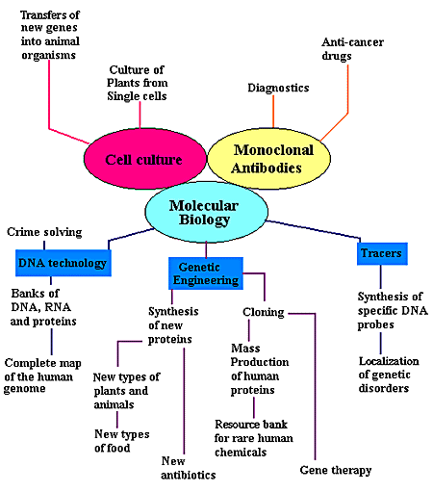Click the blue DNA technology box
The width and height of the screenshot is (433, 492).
[62, 261]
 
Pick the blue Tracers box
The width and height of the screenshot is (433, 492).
[381, 253]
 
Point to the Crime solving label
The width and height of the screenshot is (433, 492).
[44, 232]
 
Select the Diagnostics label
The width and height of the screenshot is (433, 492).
[278, 88]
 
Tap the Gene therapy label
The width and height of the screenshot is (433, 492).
[335, 470]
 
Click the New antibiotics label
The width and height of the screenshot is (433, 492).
[188, 468]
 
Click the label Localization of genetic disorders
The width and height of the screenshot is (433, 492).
[384, 374]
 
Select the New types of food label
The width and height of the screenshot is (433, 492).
[119, 440]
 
